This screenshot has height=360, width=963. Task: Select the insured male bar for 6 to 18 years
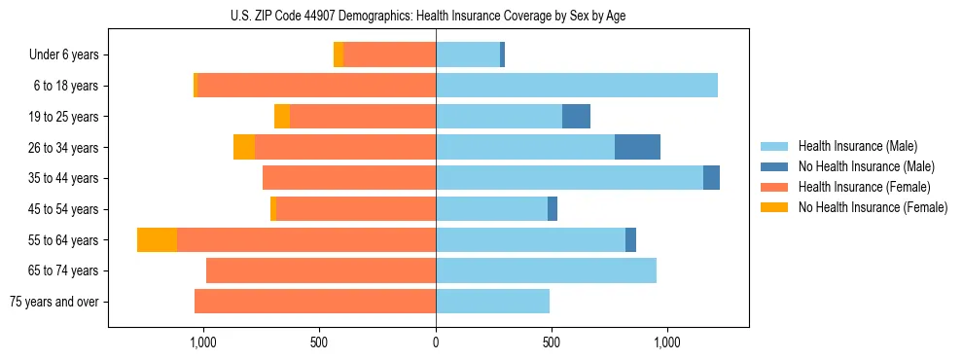coord(576,86)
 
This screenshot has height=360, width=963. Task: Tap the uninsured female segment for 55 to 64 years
coord(157,239)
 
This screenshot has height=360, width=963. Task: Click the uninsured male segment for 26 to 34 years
coord(637,147)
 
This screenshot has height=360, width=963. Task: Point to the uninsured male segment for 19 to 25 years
coord(576,116)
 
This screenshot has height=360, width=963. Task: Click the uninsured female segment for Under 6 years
coord(339,54)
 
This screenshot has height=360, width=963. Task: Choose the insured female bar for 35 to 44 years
coord(348,178)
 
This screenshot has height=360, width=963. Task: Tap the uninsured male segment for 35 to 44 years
coord(711,178)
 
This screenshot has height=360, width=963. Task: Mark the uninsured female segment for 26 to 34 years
coord(244,147)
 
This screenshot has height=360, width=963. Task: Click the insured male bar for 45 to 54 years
coord(491,209)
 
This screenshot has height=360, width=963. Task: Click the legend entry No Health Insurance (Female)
coord(872,207)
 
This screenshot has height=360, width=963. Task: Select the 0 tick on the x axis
coord(436,343)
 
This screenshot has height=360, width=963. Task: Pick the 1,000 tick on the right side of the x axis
coord(667,343)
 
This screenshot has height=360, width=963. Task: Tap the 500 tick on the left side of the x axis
coord(319,343)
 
